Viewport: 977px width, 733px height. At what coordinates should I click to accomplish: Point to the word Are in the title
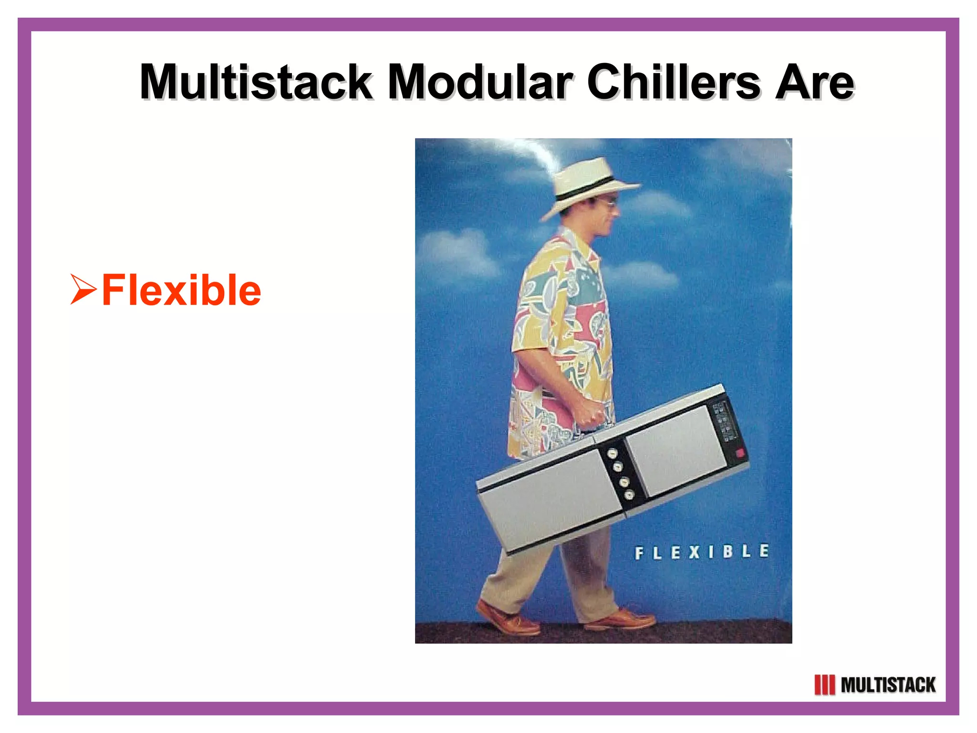(814, 82)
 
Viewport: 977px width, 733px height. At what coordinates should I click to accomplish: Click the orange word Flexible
(181, 290)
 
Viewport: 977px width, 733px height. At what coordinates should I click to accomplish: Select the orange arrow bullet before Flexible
(83, 289)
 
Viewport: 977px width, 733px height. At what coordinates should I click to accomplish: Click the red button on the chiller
(740, 453)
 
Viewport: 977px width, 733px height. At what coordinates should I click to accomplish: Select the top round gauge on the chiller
(612, 454)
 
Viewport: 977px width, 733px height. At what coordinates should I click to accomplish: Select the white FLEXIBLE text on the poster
(701, 552)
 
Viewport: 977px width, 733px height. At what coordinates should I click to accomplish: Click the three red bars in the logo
(824, 685)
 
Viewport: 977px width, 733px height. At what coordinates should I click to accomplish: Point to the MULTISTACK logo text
(887, 685)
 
